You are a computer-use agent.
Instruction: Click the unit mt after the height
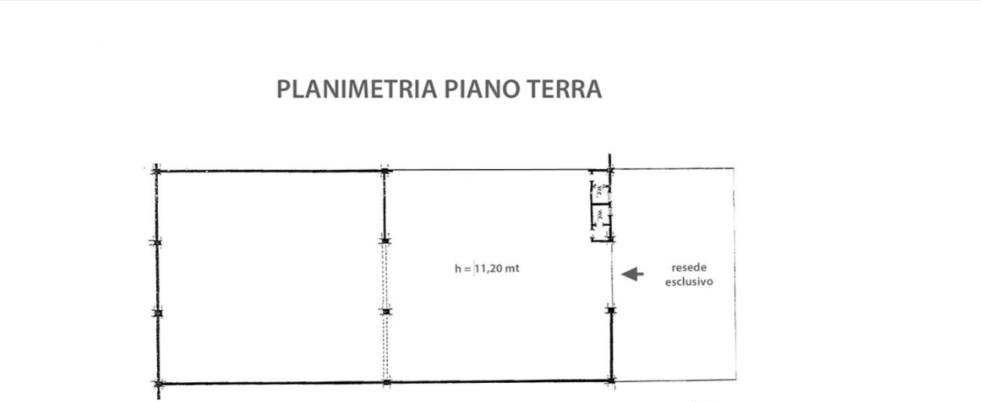click(x=513, y=269)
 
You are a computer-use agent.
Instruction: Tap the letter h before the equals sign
click(x=458, y=269)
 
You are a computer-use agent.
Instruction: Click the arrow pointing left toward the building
click(x=632, y=274)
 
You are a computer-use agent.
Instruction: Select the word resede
click(x=689, y=268)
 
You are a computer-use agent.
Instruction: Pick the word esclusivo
click(x=689, y=281)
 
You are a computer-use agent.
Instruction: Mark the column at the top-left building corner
click(x=156, y=170)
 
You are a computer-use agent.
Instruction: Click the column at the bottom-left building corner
click(x=158, y=383)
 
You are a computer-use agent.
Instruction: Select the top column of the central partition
click(x=384, y=170)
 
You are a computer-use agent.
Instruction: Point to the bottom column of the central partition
click(x=386, y=381)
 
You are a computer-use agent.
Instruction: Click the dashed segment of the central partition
click(x=386, y=276)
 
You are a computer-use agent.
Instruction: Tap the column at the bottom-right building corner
click(x=611, y=380)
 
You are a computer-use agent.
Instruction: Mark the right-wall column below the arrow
click(x=611, y=309)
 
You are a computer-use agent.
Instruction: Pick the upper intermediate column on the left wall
click(x=156, y=243)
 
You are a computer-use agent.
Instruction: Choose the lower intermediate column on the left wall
click(x=158, y=313)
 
